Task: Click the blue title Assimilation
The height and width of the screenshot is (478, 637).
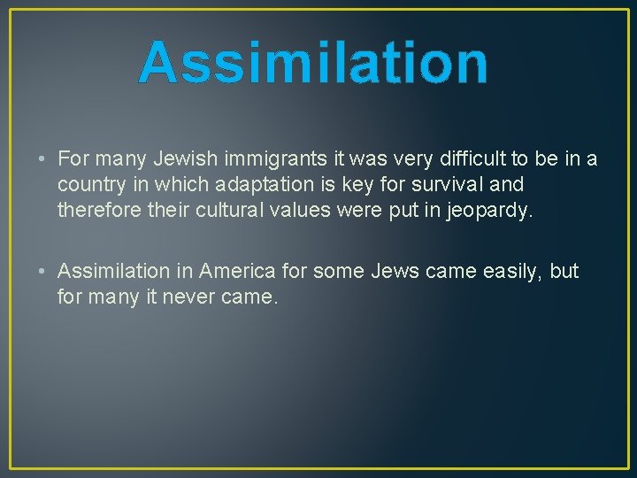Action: click(313, 64)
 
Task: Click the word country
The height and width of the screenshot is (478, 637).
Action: click(88, 185)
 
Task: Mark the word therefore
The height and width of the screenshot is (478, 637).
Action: click(98, 211)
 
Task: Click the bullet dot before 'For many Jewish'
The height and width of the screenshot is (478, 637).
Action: click(43, 159)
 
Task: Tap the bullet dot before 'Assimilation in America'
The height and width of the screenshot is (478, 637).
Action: click(43, 271)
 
